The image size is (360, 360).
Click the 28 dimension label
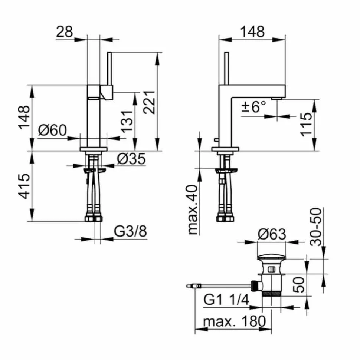point(64,32)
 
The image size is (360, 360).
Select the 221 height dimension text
point(149,102)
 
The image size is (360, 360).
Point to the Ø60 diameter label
point(52,130)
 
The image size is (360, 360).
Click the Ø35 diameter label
point(131,159)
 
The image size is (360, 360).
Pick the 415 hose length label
point(24,186)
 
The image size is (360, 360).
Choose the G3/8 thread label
point(130,231)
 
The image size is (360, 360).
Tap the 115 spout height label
point(307,125)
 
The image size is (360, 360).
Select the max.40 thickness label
point(193,209)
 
